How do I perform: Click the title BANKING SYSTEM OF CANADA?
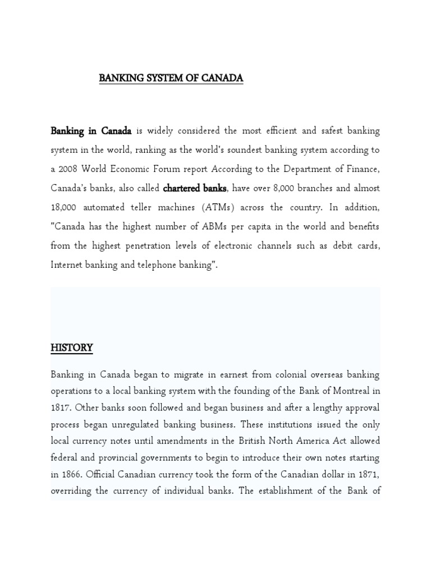click(171, 78)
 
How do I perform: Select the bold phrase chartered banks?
click(194, 188)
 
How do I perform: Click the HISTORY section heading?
click(71, 348)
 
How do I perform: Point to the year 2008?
click(70, 169)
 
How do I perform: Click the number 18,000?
click(64, 207)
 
